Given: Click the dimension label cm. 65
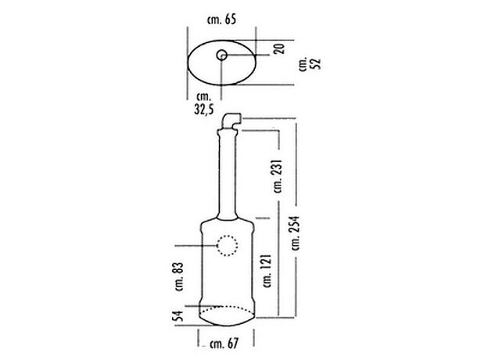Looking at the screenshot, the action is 221,20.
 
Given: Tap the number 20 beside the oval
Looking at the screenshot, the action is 279,49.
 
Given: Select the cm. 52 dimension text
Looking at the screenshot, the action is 310,64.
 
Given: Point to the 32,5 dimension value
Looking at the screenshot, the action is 204,110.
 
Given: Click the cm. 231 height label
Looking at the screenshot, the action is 278,176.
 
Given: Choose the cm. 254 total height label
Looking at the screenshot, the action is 296,232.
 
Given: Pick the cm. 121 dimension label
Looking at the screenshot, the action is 267,271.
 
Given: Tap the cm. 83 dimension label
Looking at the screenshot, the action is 179,277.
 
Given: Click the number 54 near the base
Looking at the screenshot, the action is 178,315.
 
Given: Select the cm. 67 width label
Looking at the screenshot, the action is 224,344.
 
